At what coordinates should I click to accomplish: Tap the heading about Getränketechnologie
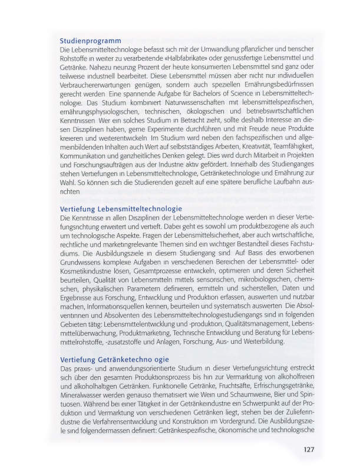(114, 359)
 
